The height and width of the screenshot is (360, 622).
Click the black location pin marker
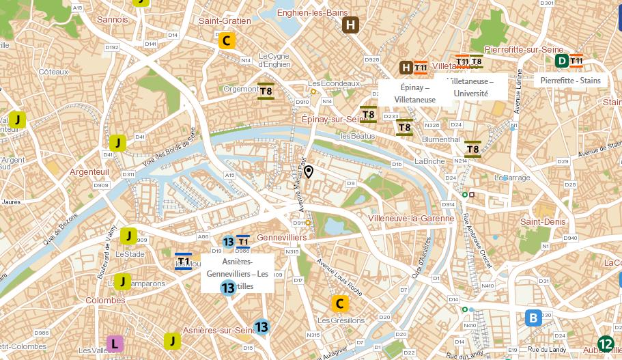pos(309,171)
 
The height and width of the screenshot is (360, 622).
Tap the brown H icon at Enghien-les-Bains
pos(351,26)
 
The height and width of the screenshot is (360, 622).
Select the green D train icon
pos(562,61)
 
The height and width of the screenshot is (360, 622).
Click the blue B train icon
pos(533,318)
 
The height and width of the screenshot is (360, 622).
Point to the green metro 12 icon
pos(605,344)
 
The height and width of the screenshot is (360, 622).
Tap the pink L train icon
pos(115,344)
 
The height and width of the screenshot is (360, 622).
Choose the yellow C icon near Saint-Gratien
pos(226,40)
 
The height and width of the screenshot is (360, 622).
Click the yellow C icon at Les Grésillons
pos(339,303)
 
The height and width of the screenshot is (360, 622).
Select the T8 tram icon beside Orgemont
pos(266,91)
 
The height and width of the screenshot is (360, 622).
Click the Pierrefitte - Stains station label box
pos(570,81)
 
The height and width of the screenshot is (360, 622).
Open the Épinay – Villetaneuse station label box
pos(414,94)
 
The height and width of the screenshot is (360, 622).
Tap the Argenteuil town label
pos(89,172)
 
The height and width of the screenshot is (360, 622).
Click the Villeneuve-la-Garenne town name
pos(410,219)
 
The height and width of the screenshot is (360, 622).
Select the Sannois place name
pos(112,20)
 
